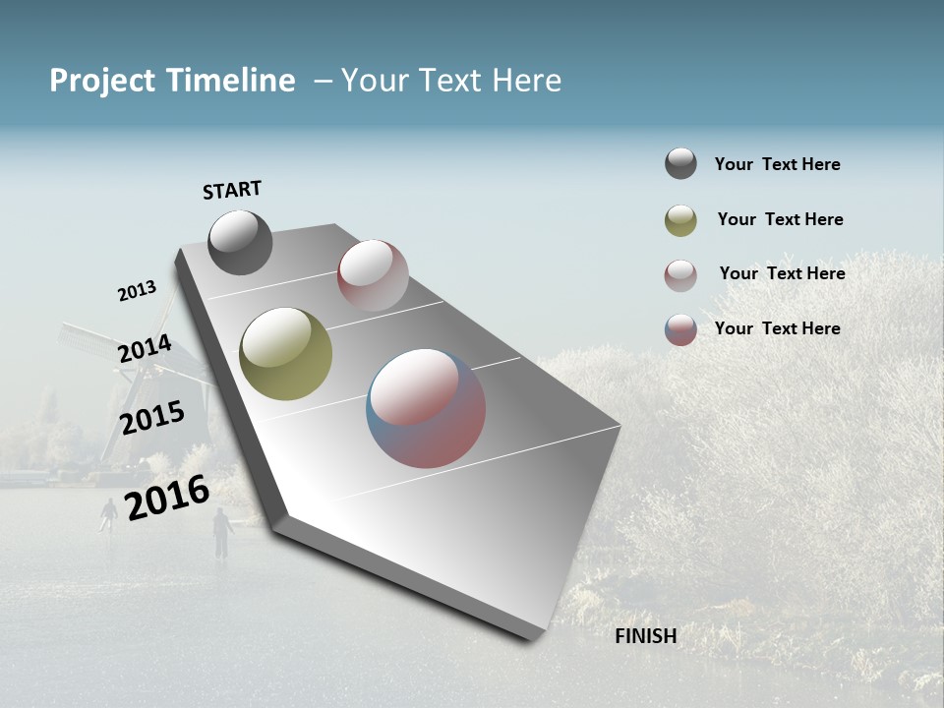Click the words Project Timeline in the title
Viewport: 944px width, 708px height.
point(172,81)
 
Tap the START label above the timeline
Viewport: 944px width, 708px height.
point(232,190)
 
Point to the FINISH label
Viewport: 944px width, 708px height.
point(646,636)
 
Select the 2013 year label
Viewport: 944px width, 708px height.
point(137,291)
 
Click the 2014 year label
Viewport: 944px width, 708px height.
point(145,349)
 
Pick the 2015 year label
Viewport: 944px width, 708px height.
point(152,418)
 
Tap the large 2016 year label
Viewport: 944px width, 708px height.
point(167,497)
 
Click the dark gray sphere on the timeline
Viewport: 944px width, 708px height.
point(240,242)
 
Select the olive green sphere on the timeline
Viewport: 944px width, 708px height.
point(285,354)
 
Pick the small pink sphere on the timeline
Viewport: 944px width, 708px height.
point(373,275)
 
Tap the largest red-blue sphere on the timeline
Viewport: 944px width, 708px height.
point(426,408)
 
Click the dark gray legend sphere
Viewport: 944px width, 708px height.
point(680,163)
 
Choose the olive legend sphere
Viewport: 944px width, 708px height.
point(680,220)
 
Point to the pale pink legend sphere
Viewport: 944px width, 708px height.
point(680,275)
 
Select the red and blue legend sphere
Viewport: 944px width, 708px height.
point(680,329)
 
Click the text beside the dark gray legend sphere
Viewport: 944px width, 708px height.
point(777,164)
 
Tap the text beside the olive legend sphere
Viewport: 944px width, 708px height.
point(780,219)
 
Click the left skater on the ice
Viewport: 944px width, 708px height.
point(108,514)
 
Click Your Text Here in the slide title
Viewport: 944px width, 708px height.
point(451,81)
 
